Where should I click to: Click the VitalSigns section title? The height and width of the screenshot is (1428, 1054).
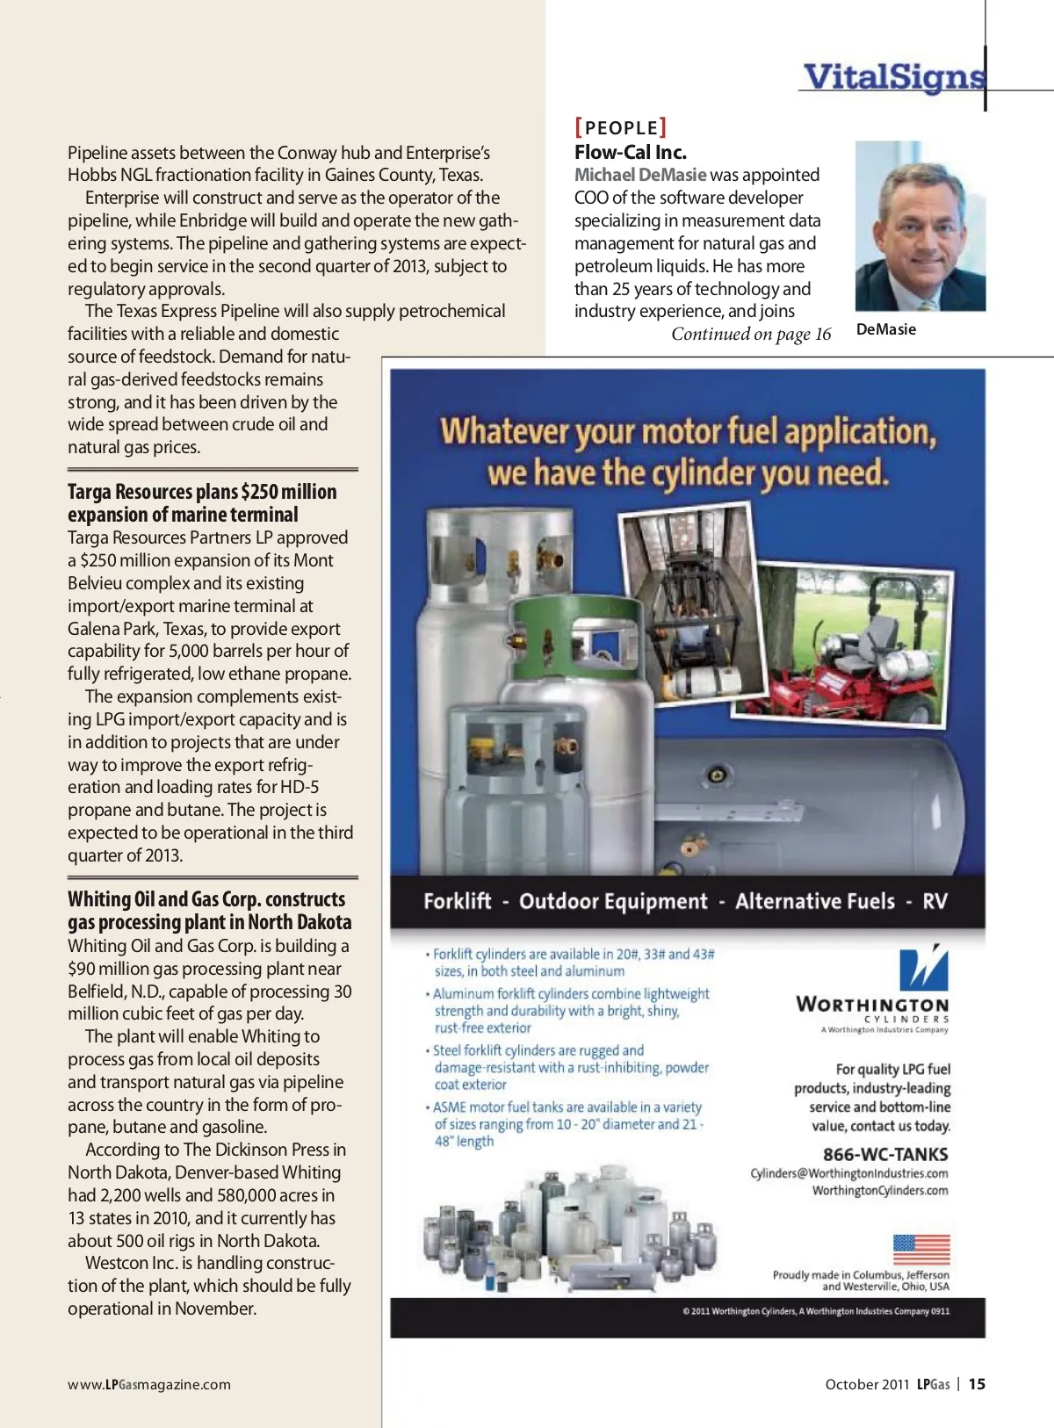click(893, 77)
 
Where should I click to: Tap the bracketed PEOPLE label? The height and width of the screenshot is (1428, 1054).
click(620, 127)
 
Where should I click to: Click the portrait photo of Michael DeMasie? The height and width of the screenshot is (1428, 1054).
click(920, 226)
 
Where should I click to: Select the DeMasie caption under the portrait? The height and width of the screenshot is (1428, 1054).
click(885, 329)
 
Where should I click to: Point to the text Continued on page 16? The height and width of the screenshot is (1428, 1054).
click(750, 335)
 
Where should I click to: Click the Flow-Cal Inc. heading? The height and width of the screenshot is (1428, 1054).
click(630, 152)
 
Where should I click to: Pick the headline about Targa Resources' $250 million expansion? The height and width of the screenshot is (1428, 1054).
click(202, 503)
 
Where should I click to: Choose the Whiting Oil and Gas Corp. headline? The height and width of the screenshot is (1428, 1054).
click(209, 911)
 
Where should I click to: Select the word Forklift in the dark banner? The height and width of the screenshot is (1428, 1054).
click(457, 902)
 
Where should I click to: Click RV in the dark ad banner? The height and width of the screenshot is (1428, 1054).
click(935, 902)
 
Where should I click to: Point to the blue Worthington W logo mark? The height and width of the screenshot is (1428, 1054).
click(923, 968)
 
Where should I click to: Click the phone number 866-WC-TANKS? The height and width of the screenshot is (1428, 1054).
click(884, 1154)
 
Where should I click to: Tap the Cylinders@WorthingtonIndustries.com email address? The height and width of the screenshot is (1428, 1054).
click(848, 1173)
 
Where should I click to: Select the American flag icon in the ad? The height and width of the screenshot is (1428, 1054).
click(921, 1249)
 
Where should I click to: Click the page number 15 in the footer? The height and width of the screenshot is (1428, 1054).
click(977, 1384)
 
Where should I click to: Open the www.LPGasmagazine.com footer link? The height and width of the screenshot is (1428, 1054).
click(149, 1385)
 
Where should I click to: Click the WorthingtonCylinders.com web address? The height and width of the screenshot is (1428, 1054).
click(879, 1191)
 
